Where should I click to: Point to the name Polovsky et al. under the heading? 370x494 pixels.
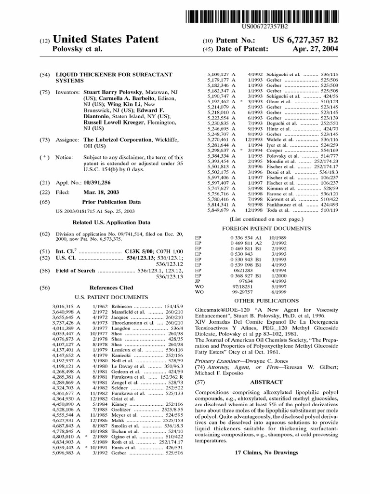76,49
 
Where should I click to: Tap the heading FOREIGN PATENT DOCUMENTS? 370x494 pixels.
266,228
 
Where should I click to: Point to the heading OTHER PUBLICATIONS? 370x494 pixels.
266,300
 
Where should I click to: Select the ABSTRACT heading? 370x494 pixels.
266,381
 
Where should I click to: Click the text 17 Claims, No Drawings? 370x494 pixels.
266,453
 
